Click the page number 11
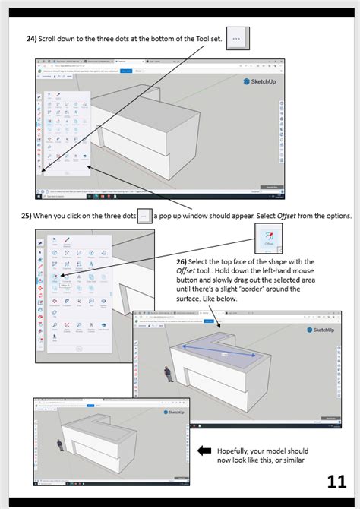pyautogui.click(x=336, y=482)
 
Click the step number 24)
pyautogui.click(x=33, y=39)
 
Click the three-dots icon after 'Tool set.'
pyautogui.click(x=237, y=37)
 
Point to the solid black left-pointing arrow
pyautogui.click(x=205, y=451)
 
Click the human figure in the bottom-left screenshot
pyautogui.click(x=58, y=446)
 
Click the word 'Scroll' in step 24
pyautogui.click(x=58, y=39)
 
